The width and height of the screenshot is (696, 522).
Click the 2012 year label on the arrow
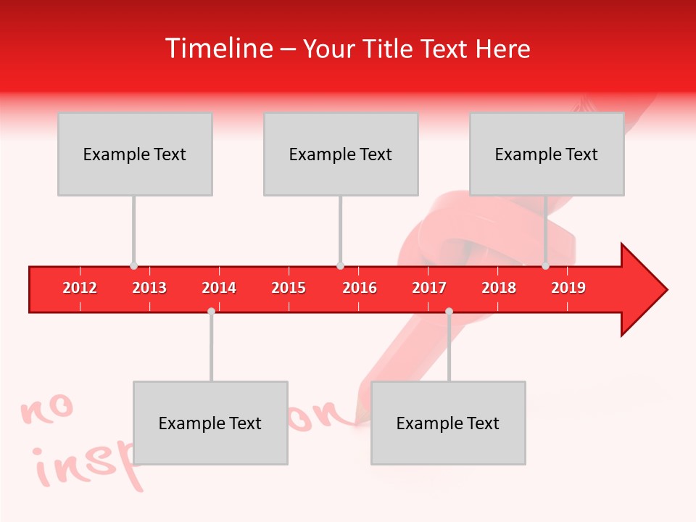(80, 288)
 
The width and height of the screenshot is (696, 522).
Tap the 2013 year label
(149, 288)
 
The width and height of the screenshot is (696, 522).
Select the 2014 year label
(219, 288)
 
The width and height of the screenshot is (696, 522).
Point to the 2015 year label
(289, 288)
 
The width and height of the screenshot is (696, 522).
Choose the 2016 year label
(360, 288)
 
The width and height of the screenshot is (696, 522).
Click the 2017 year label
(429, 288)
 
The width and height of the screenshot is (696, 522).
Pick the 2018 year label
(499, 288)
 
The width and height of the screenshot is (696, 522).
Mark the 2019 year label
(568, 288)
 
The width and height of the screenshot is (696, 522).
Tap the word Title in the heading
(389, 49)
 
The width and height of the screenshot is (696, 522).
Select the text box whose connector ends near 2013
(135, 154)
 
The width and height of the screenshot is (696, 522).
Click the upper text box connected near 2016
(341, 154)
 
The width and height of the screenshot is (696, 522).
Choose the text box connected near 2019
(547, 154)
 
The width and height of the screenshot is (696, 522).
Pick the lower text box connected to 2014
(210, 423)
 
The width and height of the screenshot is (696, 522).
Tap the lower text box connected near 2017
(448, 423)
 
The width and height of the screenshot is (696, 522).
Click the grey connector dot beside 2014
(211, 311)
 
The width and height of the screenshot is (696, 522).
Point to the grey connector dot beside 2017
(449, 311)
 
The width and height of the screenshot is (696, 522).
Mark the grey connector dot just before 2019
(546, 266)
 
